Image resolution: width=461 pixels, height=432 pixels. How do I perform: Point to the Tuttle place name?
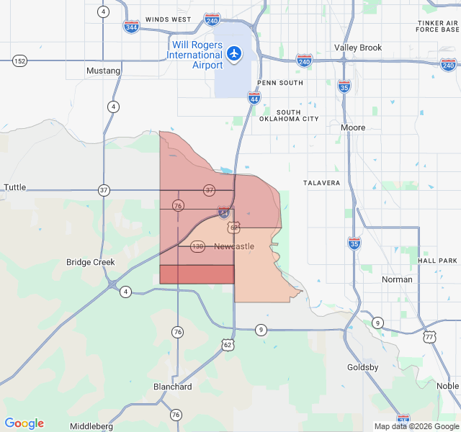pos(15,187)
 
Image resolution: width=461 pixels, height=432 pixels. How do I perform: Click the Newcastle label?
pos(234,247)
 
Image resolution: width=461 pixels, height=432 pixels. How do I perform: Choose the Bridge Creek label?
pos(91,262)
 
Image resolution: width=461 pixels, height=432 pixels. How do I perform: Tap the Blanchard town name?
pos(173,387)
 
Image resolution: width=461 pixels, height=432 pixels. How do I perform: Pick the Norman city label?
pos(398,279)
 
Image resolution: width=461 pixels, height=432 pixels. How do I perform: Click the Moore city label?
pos(353,127)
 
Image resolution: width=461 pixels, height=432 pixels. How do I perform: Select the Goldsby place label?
pos(363,367)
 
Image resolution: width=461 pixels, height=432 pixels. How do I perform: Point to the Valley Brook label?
pos(358,48)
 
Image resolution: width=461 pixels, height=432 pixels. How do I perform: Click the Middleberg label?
pos(91,426)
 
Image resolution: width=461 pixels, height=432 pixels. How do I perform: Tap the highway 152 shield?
pos(19,61)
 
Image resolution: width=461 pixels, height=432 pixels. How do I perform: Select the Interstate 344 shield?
pos(131,27)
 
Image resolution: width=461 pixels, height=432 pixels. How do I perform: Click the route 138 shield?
pos(197,246)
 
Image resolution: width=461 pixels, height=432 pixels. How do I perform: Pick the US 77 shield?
pos(430,336)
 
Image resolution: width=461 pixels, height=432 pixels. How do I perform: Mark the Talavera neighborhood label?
pos(321,183)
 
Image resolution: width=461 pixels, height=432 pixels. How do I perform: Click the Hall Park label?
pos(437,260)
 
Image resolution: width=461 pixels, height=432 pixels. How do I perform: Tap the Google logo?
pos(24,423)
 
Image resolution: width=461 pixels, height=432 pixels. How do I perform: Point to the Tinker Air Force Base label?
pos(438,27)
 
